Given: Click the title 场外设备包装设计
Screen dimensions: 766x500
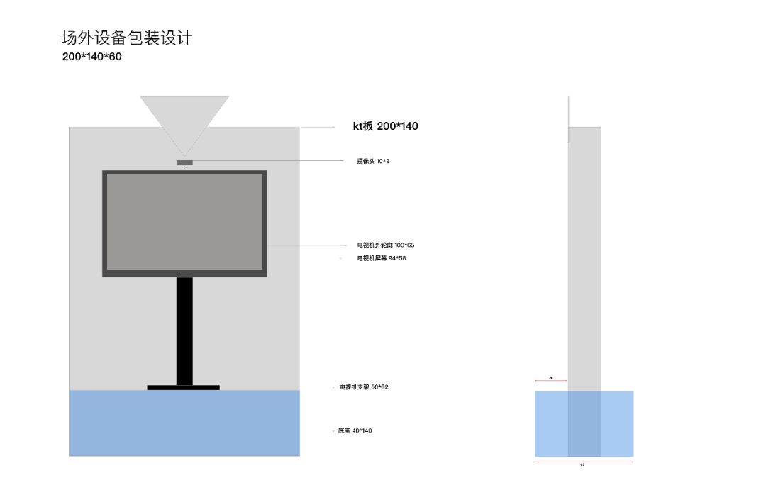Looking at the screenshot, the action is click(127, 38).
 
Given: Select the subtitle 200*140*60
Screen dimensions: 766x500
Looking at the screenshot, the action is click(91, 57).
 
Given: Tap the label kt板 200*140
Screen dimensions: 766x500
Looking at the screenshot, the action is click(385, 126).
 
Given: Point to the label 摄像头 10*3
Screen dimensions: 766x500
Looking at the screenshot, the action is click(373, 161).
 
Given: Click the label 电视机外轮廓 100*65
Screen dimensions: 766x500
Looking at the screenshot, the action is click(385, 245).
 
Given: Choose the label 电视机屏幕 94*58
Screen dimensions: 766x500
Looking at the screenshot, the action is click(381, 258).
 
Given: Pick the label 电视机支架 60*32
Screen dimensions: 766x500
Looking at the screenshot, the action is click(364, 387).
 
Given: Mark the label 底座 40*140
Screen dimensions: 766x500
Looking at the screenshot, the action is click(355, 430).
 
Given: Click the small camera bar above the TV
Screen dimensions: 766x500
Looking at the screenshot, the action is click(184, 162).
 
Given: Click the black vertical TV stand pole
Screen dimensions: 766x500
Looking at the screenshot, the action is click(184, 330).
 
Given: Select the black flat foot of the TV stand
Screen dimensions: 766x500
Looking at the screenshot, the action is click(183, 387).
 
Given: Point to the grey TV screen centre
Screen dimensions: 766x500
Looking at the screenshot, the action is click(184, 222).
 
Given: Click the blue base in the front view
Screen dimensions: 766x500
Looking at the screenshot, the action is click(184, 423).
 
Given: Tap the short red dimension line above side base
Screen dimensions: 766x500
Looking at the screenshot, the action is click(551, 381).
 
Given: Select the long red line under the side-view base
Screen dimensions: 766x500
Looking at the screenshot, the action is click(584, 462).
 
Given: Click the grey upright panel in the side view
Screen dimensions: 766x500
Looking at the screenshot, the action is click(584, 255).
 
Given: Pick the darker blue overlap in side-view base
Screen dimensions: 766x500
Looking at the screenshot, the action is click(584, 423).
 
